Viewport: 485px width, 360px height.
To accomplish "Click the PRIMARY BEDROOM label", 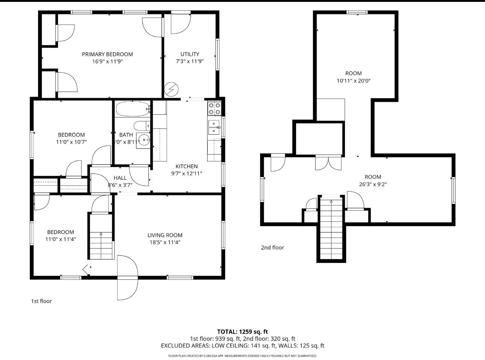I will [x=107, y=54].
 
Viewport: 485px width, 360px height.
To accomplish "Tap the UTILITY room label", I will [x=189, y=54].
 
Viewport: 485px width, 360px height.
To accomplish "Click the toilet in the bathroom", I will [x=141, y=126].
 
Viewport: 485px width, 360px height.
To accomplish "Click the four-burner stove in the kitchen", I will [x=214, y=109].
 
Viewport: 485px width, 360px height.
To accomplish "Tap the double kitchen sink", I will [x=214, y=128].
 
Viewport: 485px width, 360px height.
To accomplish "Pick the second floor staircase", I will [x=331, y=229].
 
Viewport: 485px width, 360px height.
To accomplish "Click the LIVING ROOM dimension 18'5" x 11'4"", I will [x=165, y=242].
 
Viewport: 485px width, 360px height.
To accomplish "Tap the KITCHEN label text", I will [x=186, y=166].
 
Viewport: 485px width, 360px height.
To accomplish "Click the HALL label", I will [x=120, y=178].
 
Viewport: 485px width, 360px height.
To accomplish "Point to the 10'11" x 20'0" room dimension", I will [x=353, y=81].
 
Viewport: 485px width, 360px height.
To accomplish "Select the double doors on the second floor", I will [x=329, y=162].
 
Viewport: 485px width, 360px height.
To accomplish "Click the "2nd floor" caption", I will [x=272, y=248].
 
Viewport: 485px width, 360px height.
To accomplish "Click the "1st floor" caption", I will [x=41, y=301].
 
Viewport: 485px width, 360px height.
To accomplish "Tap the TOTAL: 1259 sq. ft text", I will [x=242, y=331].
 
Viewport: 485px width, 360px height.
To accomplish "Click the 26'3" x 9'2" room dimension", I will [x=373, y=184].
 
